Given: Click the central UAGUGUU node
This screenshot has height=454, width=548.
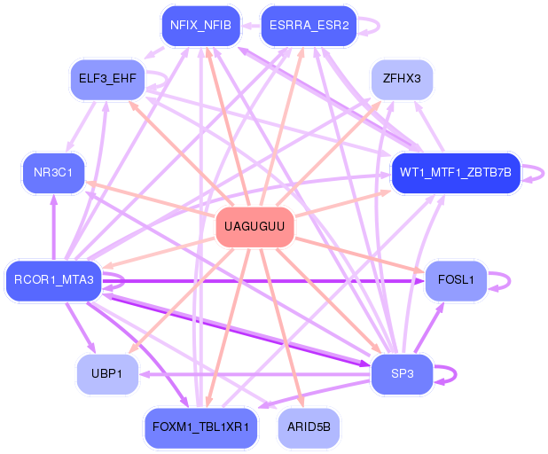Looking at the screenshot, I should pyautogui.click(x=254, y=227).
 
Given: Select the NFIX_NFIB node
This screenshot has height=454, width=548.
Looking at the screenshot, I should pyautogui.click(x=200, y=26).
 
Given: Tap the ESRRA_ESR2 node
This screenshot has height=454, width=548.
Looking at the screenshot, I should pyautogui.click(x=309, y=26).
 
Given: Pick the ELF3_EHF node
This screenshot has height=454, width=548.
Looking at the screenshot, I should pyautogui.click(x=107, y=79).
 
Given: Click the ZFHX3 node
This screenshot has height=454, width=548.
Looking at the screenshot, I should pyautogui.click(x=402, y=79).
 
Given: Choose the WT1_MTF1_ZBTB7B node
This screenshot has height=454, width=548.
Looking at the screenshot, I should pyautogui.click(x=455, y=172).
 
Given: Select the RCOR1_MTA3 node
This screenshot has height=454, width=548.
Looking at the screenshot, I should pyautogui.click(x=53, y=281).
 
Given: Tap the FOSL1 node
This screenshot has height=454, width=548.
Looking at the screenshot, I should pyautogui.click(x=456, y=281).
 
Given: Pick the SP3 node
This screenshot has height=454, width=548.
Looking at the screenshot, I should pyautogui.click(x=402, y=373).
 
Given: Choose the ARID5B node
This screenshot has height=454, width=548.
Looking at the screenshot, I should pyautogui.click(x=309, y=428).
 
